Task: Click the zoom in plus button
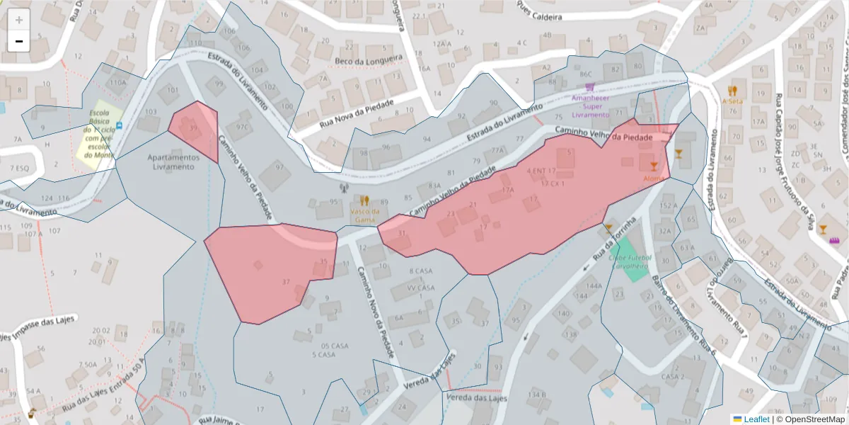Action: (x=18, y=20)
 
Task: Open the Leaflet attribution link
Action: (x=756, y=419)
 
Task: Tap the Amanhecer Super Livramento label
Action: (x=590, y=106)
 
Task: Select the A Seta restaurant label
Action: (x=732, y=101)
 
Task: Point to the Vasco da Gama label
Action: (x=364, y=215)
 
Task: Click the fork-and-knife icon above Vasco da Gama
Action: (x=364, y=200)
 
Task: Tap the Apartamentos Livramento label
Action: (x=170, y=161)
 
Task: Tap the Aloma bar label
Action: (x=653, y=178)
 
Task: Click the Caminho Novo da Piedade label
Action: (x=375, y=312)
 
